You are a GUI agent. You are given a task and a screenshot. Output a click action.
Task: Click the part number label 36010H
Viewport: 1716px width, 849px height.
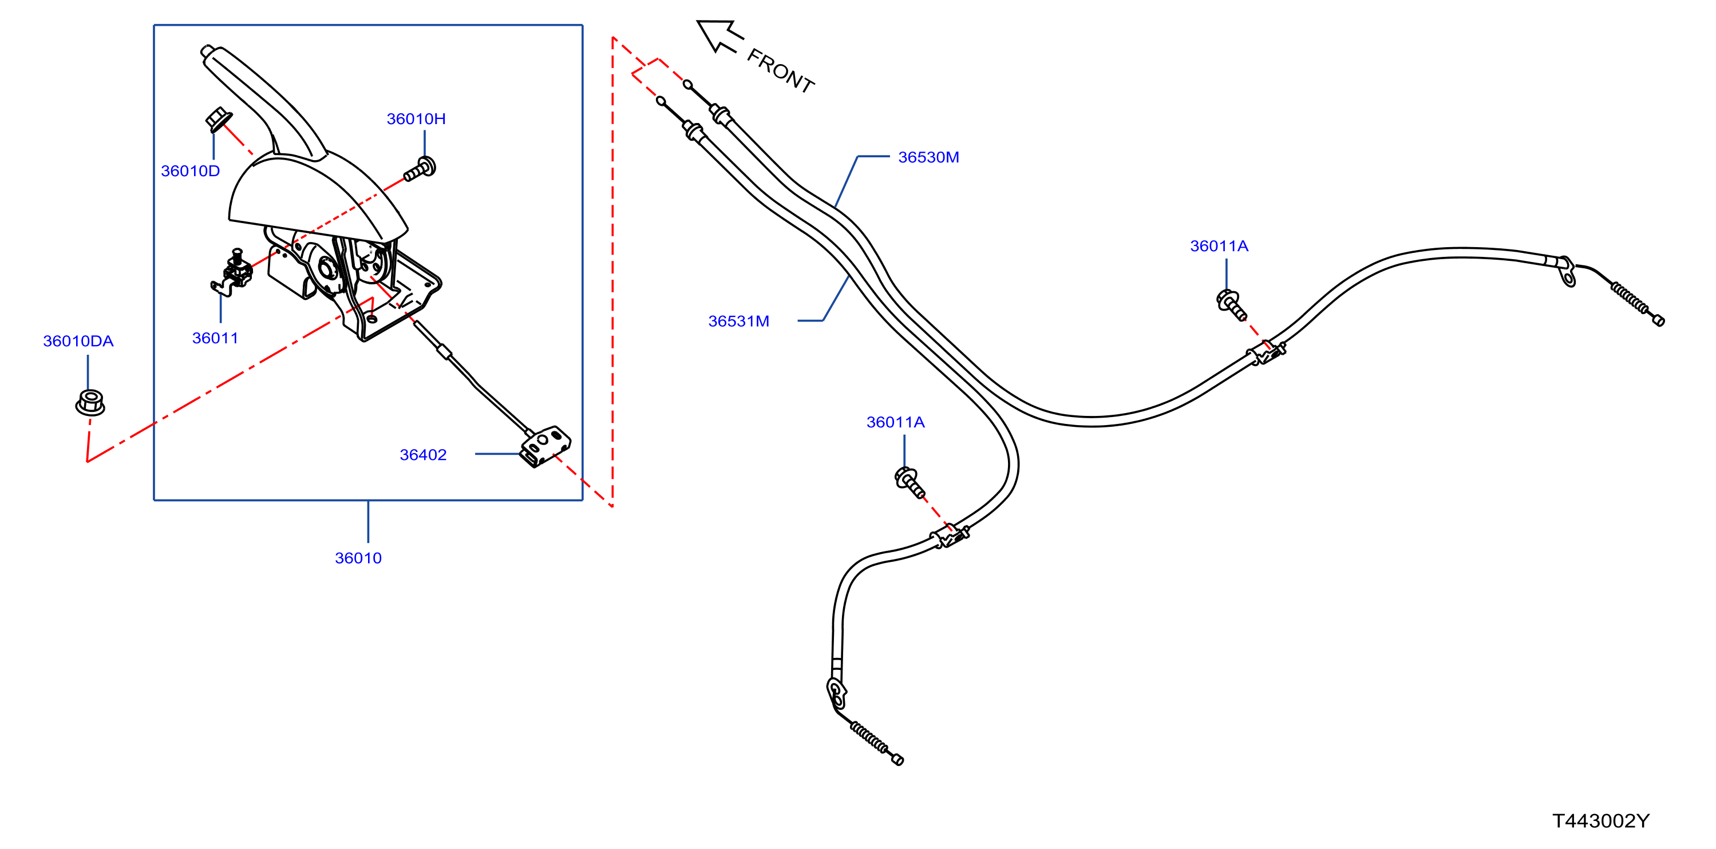pos(416,118)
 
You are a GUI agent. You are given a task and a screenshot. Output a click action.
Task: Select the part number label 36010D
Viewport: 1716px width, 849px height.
pos(190,170)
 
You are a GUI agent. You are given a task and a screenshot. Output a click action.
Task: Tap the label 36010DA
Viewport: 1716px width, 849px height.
pos(78,341)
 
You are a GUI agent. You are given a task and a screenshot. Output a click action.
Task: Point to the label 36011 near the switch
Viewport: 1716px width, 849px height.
pos(215,338)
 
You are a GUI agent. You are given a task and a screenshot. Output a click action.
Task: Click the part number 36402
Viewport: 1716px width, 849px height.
pos(423,455)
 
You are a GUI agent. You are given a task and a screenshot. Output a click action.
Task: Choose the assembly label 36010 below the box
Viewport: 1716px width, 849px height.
pos(358,558)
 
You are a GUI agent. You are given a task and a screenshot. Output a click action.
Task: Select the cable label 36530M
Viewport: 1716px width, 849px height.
pos(928,157)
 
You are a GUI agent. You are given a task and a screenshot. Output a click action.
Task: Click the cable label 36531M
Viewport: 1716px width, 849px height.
pos(739,321)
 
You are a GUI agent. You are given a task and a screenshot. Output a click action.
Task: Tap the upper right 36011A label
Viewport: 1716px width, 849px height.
pos(1219,245)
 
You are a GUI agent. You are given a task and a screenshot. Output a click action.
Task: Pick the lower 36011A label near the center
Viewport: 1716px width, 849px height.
pos(895,422)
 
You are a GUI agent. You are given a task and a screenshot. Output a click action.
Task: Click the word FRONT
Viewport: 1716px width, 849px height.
pos(781,70)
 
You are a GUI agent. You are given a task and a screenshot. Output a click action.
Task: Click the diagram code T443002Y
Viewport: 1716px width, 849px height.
pos(1601,821)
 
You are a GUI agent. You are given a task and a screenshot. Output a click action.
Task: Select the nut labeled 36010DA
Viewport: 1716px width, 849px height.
pos(90,402)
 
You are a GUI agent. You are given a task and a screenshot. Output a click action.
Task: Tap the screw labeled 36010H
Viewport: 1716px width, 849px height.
pos(420,168)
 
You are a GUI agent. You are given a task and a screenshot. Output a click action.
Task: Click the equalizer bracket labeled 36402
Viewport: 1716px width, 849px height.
pos(545,446)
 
